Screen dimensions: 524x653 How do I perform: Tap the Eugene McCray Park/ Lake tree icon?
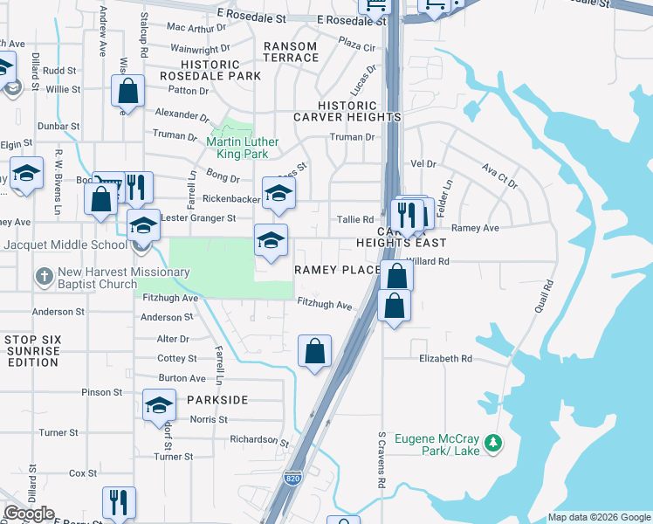coord(495,444)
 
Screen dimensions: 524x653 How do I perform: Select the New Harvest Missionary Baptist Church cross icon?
coord(45,277)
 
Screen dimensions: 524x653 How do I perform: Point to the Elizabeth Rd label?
coord(445,358)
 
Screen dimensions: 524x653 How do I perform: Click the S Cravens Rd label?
coord(381,459)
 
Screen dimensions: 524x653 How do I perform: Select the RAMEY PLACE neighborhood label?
coord(337,270)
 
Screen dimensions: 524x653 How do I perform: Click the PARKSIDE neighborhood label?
coord(217,399)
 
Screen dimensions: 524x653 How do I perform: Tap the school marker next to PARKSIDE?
coord(159,406)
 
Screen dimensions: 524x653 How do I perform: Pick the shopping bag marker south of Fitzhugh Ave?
coord(314,351)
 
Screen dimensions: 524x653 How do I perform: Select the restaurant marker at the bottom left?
coord(119,502)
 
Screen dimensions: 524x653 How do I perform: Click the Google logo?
coord(29,514)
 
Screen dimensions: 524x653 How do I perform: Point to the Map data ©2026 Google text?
coord(598,517)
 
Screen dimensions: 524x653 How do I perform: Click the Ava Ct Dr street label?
coord(499,177)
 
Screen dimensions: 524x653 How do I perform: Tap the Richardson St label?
coord(259,439)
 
